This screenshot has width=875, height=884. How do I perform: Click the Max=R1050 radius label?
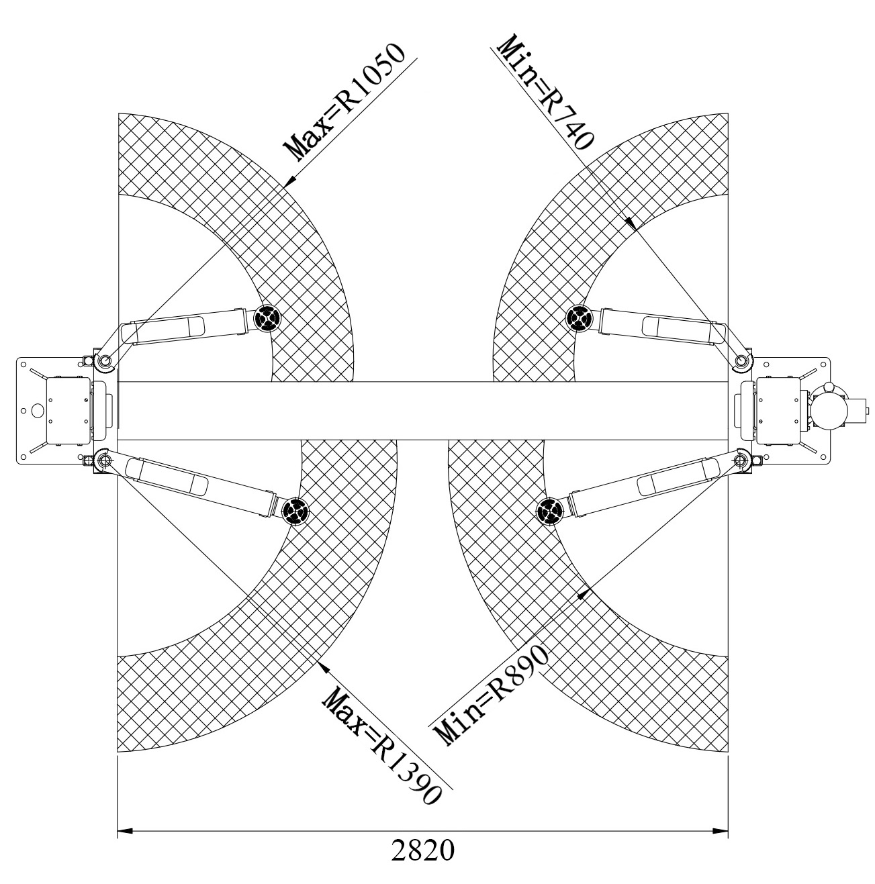point(344,102)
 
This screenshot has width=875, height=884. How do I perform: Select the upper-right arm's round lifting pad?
point(578,317)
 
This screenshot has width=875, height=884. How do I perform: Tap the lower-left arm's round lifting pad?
point(295,510)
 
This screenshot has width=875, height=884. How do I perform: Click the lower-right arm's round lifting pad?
point(549,510)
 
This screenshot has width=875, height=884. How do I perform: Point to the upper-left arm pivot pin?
point(105,361)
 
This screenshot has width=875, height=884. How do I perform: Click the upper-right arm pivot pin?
point(740,361)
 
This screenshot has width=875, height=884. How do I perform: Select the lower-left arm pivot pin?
point(102,459)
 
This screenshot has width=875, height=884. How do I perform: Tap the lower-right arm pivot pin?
point(740,459)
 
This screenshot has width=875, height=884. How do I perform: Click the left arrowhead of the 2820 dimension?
point(125,831)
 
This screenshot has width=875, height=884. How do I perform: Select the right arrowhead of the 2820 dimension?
point(720,831)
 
